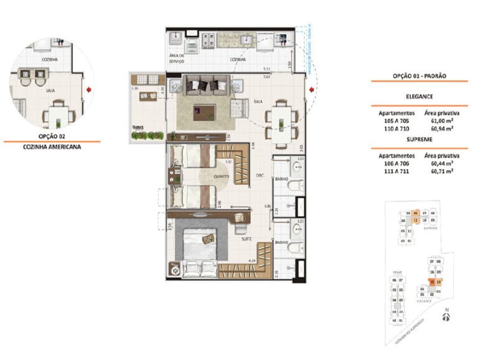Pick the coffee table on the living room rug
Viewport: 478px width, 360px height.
tap(204, 113)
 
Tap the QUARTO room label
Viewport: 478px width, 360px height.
tap(220, 176)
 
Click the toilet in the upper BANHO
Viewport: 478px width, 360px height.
tap(297, 184)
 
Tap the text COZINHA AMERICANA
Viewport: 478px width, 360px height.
tap(52, 148)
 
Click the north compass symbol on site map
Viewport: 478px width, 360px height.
tap(445, 317)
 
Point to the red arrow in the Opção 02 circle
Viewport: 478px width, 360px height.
tap(90, 90)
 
